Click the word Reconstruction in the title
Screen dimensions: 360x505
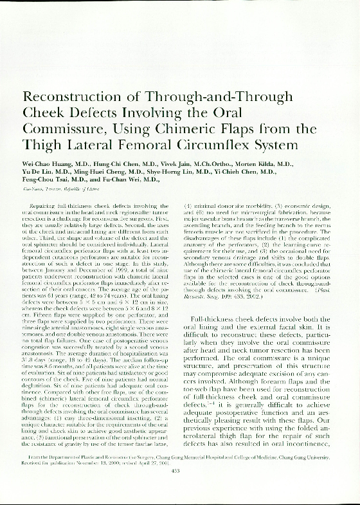coord(74,97)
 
